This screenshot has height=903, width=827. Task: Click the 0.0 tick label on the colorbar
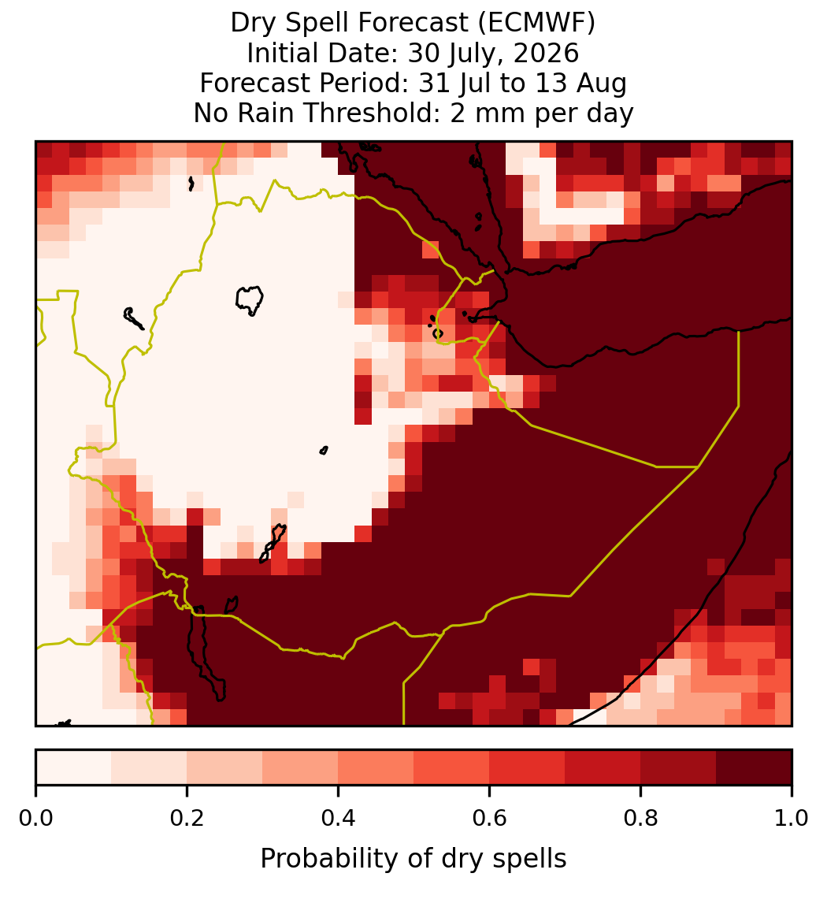(x=35, y=818)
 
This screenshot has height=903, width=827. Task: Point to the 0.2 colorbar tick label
(x=187, y=818)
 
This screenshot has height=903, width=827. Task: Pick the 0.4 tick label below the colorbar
(x=339, y=818)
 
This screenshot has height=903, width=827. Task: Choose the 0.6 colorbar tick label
(x=490, y=818)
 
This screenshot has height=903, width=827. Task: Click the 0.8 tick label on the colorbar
(x=640, y=818)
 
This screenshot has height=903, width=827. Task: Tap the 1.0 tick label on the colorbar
(x=792, y=818)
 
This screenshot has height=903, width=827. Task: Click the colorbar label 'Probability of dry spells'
(x=413, y=859)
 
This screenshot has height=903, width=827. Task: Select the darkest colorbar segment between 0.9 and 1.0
(x=754, y=767)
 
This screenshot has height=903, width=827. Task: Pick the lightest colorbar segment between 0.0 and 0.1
(x=74, y=767)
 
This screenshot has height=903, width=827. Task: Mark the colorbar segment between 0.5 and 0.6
(x=451, y=767)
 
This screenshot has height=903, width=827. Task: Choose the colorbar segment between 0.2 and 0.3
(x=224, y=767)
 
